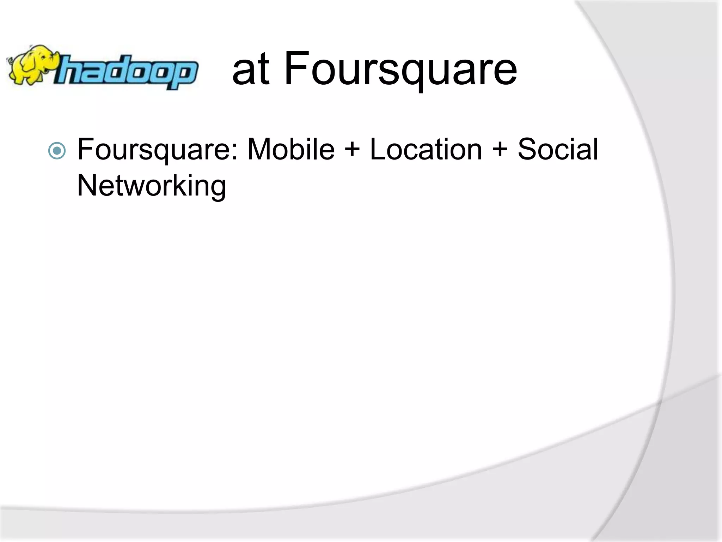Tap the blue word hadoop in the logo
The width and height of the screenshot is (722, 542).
point(125,72)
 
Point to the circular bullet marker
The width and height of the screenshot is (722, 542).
point(57,151)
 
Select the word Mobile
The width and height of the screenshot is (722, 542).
point(291,150)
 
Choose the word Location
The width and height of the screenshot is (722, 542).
point(426,150)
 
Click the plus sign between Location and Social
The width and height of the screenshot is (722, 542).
point(500,150)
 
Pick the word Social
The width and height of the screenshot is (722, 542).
point(558,150)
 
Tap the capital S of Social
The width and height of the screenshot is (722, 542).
point(527,150)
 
